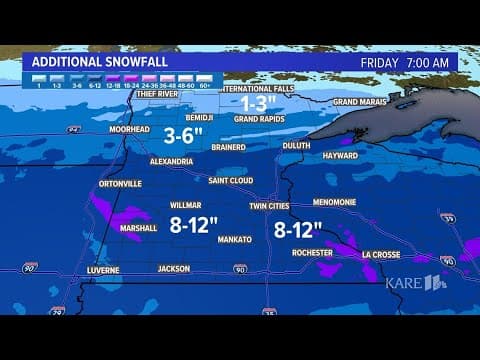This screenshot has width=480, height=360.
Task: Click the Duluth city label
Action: [x=297, y=145]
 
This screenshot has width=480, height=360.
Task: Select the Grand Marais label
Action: [x=360, y=102]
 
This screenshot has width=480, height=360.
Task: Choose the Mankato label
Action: [x=235, y=240]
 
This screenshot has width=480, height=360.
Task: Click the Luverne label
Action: [x=103, y=269]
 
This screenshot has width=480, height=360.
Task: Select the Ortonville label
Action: [x=121, y=184]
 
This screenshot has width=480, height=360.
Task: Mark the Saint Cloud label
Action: [x=231, y=181]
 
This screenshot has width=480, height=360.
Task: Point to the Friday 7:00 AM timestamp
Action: [x=408, y=61]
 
